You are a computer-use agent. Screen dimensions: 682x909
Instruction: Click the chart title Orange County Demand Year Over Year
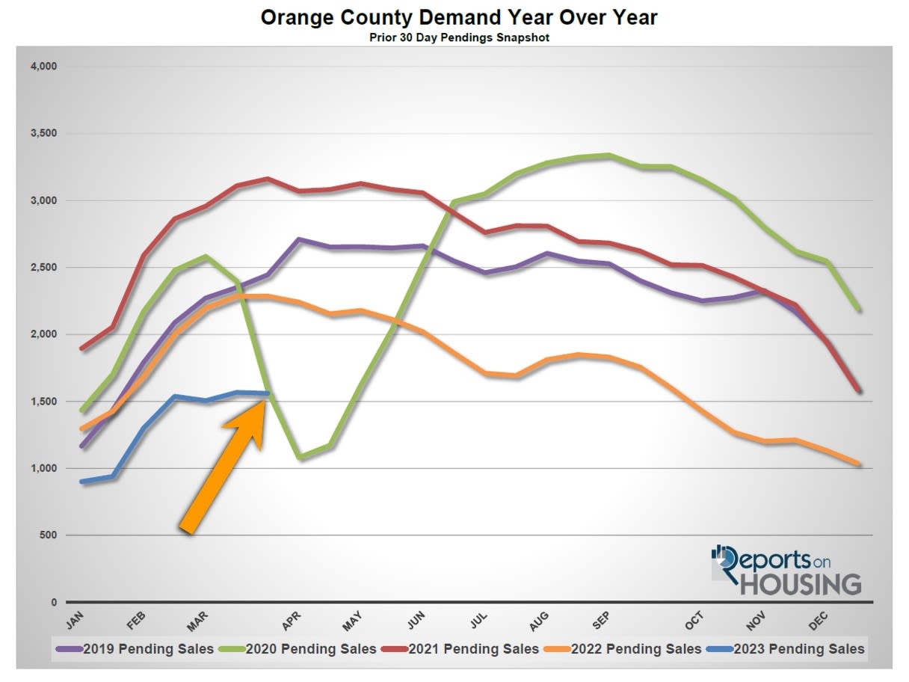[459, 18]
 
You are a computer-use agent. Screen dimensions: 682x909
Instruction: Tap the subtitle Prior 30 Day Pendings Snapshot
[459, 37]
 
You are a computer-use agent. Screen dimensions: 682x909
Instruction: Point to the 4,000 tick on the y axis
[43, 67]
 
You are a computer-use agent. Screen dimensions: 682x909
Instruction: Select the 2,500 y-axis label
[43, 267]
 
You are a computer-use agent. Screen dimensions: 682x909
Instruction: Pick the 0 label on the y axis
[54, 602]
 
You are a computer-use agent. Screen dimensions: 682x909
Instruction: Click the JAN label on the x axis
[75, 621]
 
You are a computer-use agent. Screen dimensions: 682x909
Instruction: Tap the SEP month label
[600, 621]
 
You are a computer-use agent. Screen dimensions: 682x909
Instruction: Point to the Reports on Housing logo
[786, 570]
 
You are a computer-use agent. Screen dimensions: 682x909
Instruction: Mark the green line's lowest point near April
[301, 457]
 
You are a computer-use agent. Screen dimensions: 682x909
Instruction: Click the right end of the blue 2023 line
[267, 393]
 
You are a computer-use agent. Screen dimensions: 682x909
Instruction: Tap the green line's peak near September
[609, 156]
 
